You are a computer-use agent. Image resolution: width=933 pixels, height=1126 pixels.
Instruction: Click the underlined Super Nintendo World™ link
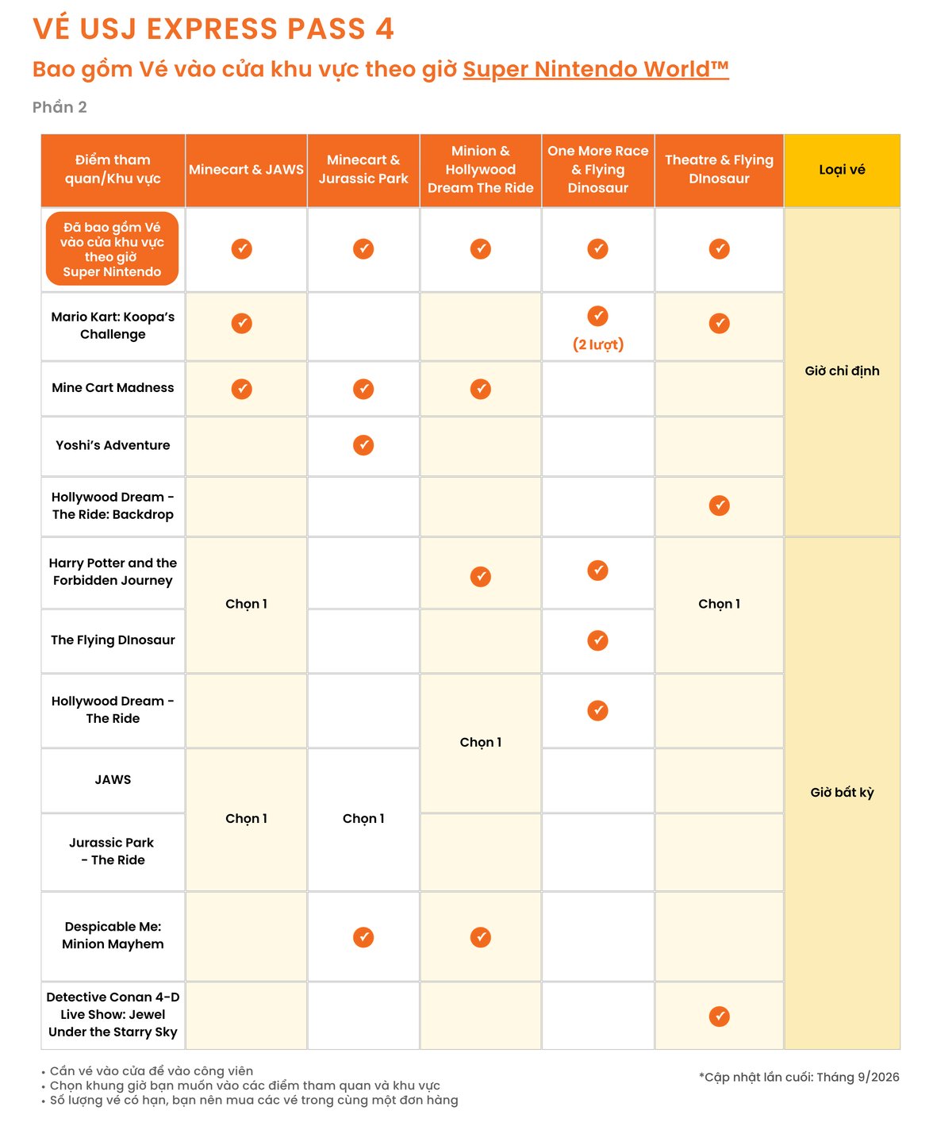point(595,69)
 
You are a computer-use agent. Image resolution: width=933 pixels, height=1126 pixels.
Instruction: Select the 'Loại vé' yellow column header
point(841,170)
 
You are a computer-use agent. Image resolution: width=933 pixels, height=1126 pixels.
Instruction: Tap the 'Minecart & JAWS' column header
point(246,170)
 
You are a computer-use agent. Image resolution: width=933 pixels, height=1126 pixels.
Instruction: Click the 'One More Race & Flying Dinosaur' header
point(597,170)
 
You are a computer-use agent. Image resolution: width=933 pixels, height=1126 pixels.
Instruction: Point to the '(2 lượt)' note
point(597,344)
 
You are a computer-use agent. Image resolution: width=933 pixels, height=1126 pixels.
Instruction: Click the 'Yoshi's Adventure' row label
point(113,445)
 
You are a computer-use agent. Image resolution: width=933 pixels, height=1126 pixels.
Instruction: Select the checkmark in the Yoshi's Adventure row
point(363,445)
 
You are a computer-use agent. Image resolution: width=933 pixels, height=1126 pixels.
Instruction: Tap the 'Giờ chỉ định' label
point(841,371)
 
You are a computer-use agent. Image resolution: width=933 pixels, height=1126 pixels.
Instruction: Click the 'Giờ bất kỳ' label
point(841,792)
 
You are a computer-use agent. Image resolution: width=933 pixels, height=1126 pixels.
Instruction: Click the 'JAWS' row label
point(113,779)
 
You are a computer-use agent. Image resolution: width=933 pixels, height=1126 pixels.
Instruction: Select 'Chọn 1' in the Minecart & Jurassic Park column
point(363,818)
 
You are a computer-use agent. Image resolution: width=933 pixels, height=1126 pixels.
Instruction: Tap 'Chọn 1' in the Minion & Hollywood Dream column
point(480,742)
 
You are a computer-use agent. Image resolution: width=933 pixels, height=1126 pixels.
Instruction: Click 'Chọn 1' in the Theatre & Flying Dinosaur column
point(719,603)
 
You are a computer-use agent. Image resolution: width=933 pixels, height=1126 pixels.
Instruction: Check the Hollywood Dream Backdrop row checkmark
point(719,505)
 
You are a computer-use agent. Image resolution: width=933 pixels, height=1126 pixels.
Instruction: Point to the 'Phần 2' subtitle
point(60,107)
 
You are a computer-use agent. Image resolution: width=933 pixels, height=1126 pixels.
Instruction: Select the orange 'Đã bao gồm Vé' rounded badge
point(112,248)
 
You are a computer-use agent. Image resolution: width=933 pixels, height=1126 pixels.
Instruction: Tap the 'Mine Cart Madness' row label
point(113,387)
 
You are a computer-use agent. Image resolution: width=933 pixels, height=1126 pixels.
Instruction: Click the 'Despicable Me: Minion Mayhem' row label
point(113,935)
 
